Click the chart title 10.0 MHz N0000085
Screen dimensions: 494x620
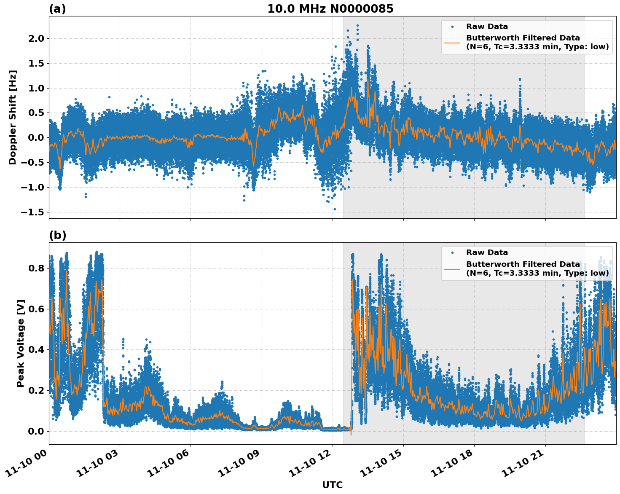point(330,9)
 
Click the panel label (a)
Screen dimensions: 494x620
point(57,9)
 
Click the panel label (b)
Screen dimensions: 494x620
point(57,235)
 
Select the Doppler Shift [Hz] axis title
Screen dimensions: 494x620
point(13,117)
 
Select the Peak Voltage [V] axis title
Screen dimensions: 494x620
point(21,343)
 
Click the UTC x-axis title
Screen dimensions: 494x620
point(332,485)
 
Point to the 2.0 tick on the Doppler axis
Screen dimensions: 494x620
point(35,39)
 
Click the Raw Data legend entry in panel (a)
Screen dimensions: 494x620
point(487,27)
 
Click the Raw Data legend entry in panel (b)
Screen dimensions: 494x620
point(487,252)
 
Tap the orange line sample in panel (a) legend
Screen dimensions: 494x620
point(452,43)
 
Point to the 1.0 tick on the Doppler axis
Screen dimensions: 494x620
point(35,88)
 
